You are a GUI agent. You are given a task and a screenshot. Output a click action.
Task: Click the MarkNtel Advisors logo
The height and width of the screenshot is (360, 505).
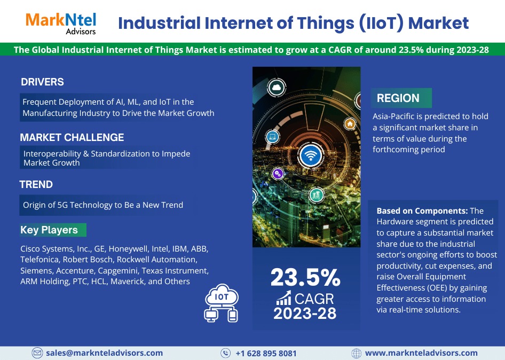61,23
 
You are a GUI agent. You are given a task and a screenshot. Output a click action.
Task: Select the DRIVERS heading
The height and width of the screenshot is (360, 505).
42,82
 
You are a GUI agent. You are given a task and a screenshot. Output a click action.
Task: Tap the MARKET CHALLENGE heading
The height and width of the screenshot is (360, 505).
72,137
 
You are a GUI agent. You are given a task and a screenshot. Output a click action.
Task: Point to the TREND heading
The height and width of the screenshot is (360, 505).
36,184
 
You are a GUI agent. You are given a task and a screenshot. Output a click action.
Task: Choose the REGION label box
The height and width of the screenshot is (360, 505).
401,98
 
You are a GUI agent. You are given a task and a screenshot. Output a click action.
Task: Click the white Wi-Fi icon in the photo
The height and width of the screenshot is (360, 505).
311,155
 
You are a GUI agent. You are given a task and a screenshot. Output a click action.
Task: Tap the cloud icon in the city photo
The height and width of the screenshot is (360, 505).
277,88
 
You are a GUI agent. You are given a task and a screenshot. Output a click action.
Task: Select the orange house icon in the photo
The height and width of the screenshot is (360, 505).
350,123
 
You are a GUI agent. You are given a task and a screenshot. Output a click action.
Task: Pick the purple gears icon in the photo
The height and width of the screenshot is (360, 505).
278,174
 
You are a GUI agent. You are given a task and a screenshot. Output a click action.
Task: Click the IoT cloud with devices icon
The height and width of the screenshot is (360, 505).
222,303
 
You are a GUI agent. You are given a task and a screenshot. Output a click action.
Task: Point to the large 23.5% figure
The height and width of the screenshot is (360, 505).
305,278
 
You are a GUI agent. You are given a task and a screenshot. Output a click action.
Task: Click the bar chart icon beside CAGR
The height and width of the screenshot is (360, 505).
283,298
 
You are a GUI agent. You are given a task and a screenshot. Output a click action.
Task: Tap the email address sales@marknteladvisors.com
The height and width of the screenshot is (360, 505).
104,353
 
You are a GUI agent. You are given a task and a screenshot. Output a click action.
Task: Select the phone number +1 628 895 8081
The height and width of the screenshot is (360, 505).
266,353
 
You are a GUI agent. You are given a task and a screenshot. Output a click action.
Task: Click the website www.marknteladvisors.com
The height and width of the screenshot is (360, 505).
421,353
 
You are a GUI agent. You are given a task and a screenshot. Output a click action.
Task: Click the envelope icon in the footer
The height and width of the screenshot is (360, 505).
37,353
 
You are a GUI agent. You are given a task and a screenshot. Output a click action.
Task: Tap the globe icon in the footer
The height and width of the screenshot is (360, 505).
356,353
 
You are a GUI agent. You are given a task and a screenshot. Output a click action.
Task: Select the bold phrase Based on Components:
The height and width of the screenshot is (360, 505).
422,211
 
